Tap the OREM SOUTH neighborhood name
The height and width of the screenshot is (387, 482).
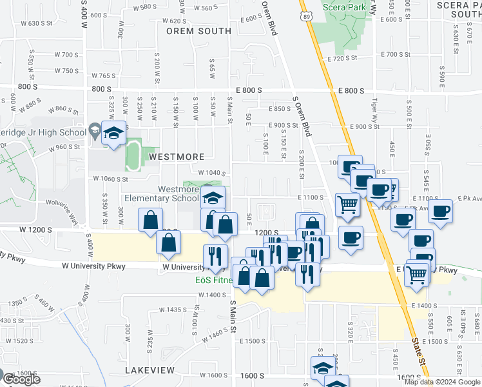coord(198,30)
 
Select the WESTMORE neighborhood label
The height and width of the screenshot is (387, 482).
coord(177,157)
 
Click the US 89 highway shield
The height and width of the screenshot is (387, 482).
coord(305,15)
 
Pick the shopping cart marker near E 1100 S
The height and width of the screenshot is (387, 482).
coord(347,204)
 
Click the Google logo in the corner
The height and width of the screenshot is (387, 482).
coord(22,379)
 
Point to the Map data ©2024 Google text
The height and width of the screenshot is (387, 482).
coord(441,382)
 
